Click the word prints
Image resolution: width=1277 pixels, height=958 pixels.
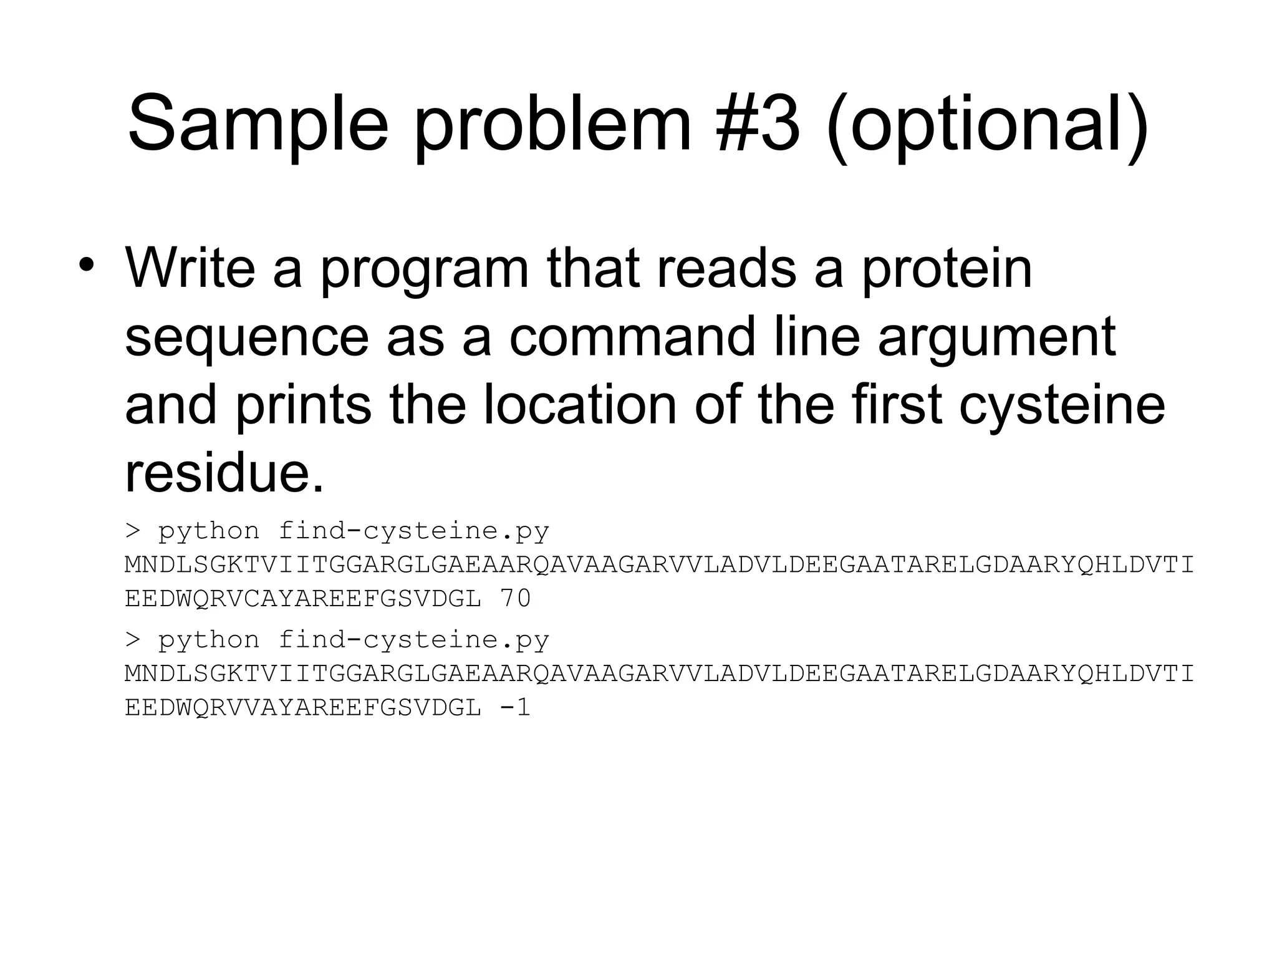click(x=303, y=405)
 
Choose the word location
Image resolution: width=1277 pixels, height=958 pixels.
click(x=579, y=405)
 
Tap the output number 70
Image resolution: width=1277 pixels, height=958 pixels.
click(x=515, y=599)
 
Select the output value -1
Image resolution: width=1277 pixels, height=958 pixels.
click(x=515, y=708)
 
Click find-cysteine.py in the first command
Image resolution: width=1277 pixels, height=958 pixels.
click(x=413, y=531)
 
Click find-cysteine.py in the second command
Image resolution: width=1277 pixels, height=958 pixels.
click(x=413, y=641)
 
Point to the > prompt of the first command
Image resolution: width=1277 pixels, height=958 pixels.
click(x=132, y=531)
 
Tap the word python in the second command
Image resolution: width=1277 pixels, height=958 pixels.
click(x=208, y=641)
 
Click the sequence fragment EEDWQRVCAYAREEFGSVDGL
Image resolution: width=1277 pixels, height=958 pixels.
click(x=303, y=599)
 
